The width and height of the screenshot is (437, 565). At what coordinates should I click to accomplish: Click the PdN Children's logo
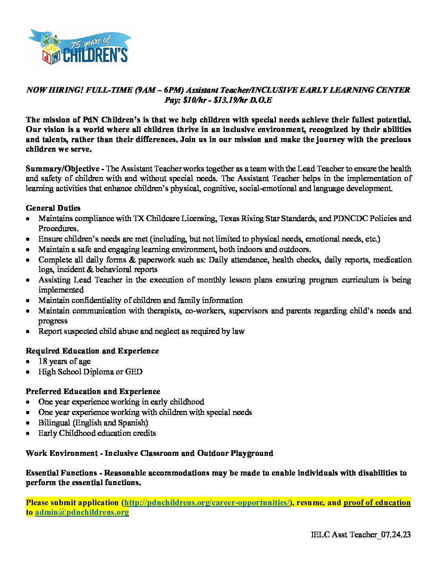[x=79, y=47]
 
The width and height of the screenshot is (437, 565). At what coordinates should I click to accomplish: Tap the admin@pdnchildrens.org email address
[x=82, y=512]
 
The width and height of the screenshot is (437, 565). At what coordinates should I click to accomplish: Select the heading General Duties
[x=53, y=208]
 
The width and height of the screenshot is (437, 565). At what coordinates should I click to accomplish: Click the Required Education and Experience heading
[x=92, y=351]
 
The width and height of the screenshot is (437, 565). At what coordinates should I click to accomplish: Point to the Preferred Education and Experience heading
[x=93, y=392]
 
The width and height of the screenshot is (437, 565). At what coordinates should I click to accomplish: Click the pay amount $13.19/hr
[x=230, y=100]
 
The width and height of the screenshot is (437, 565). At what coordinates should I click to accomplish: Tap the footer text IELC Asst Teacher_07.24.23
[x=360, y=535]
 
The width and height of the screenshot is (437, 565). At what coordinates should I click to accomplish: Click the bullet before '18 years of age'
[x=28, y=362]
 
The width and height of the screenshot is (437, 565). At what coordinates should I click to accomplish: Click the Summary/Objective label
[x=63, y=169]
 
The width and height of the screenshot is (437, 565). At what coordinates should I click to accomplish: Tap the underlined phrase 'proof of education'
[x=377, y=503]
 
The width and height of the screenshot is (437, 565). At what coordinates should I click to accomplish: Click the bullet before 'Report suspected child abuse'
[x=28, y=332]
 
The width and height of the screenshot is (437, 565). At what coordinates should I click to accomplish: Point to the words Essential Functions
[x=61, y=473]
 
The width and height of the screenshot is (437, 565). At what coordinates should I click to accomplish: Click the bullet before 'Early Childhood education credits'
[x=28, y=434]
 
